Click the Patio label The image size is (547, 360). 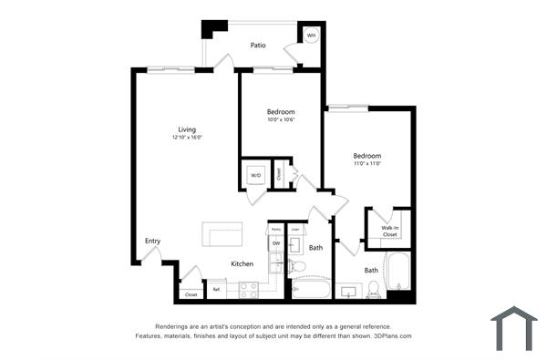[x=258, y=44]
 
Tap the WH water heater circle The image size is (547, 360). [x=311, y=36]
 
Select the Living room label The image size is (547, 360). [x=187, y=129]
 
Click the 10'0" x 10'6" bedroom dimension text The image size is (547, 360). [x=280, y=119]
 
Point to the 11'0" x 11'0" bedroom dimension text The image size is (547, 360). [x=367, y=164]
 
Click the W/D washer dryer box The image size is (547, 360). [x=255, y=174]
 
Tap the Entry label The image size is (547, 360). [x=152, y=241]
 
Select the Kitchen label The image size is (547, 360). [x=242, y=264]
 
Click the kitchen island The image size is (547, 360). [x=222, y=235]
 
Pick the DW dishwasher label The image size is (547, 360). [x=275, y=244]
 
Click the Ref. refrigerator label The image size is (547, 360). [x=217, y=290]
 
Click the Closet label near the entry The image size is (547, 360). [x=191, y=294]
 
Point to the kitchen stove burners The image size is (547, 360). [x=248, y=289]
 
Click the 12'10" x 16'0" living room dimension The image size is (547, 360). [x=186, y=138]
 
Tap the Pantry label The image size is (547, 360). [x=273, y=229]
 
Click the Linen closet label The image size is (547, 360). [x=294, y=229]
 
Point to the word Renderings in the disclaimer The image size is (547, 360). [x=174, y=325]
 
